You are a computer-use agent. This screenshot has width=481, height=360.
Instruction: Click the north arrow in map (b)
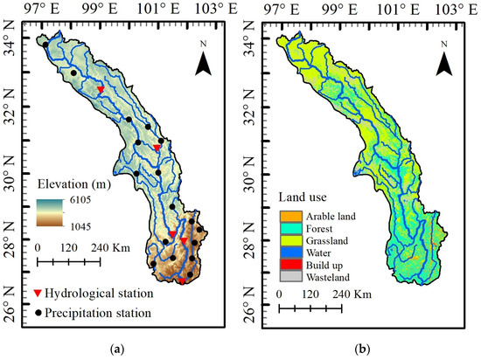tap(445, 60)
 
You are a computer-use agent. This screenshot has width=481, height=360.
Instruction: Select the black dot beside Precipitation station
tap(40, 312)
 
